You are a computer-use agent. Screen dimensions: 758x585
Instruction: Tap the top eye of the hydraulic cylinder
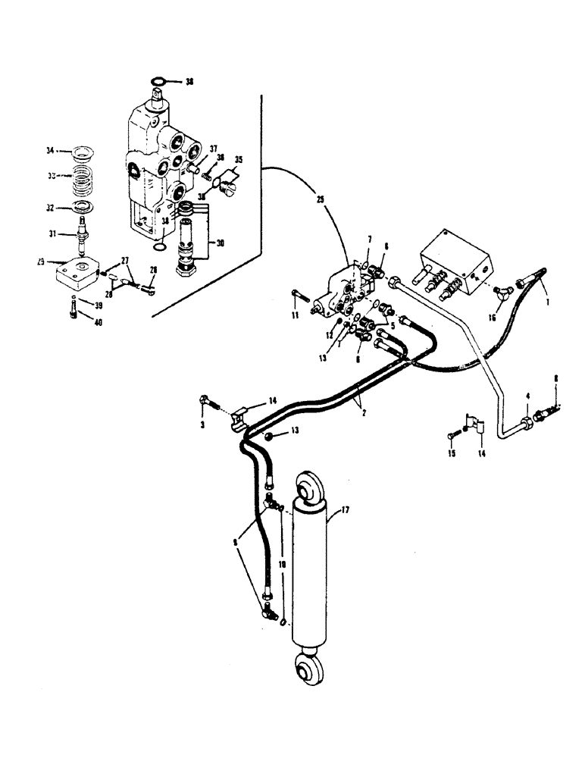tap(310, 488)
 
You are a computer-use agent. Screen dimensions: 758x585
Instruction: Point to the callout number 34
tap(52, 151)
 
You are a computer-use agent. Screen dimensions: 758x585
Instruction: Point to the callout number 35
tap(241, 160)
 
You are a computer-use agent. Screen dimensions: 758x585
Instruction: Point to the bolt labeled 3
tap(205, 401)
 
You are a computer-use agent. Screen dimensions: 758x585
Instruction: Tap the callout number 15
tap(453, 453)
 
